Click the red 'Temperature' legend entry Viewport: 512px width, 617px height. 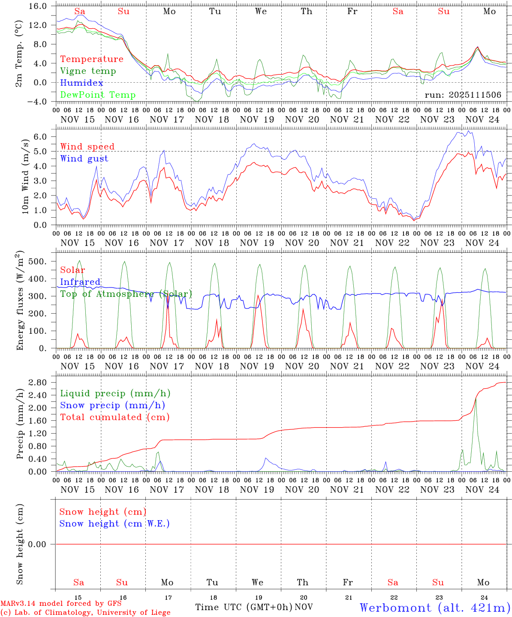point(91,59)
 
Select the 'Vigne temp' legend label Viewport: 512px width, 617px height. point(88,71)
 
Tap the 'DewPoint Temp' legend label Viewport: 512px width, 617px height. point(98,95)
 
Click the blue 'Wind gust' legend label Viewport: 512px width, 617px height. point(84,159)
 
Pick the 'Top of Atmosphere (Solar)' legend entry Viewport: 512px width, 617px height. point(126,294)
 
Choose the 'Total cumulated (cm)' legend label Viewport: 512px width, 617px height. point(114,417)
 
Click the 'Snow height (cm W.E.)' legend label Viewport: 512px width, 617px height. point(114,524)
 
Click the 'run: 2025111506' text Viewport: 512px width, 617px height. point(463,95)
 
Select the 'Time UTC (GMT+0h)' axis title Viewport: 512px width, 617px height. point(244,607)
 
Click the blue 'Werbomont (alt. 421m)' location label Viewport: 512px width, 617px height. point(434,608)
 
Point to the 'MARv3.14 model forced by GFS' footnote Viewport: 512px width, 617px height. point(60,604)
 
